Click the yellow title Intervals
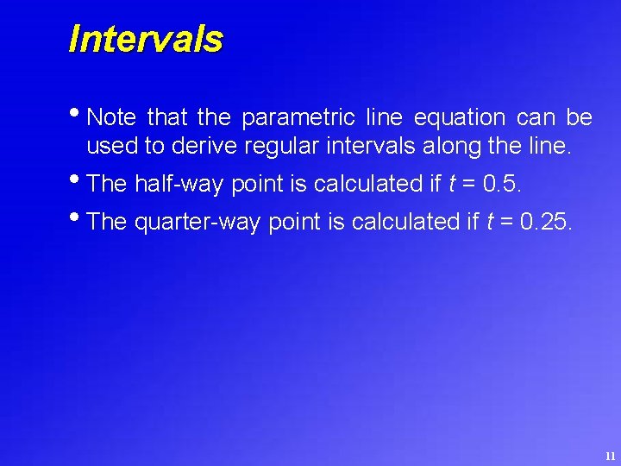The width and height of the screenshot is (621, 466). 146,39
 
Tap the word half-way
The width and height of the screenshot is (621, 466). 179,184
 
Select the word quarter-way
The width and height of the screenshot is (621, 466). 198,222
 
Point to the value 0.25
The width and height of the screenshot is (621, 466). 545,222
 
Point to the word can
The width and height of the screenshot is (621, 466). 535,116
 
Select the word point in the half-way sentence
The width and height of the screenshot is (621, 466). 254,184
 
